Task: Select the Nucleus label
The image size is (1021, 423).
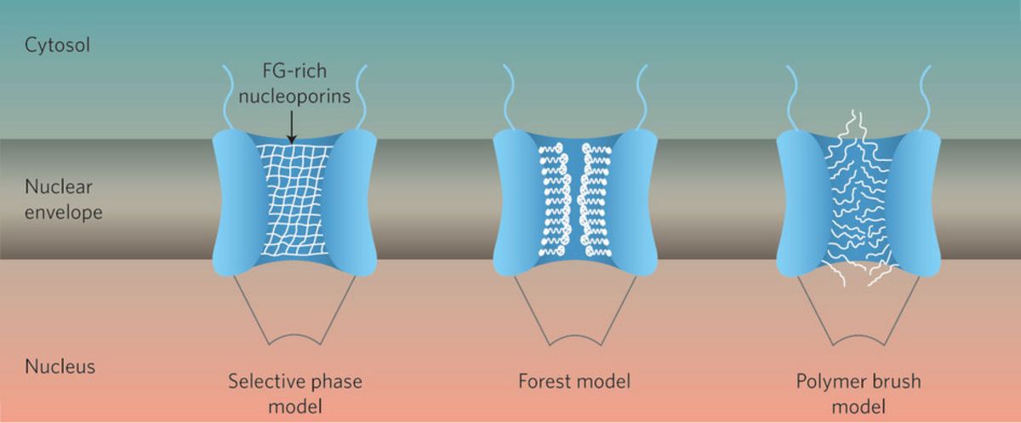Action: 60,367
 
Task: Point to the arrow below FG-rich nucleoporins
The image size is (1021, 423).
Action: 291,128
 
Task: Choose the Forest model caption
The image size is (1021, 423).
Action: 574,380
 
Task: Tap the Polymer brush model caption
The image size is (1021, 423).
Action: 858,392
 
